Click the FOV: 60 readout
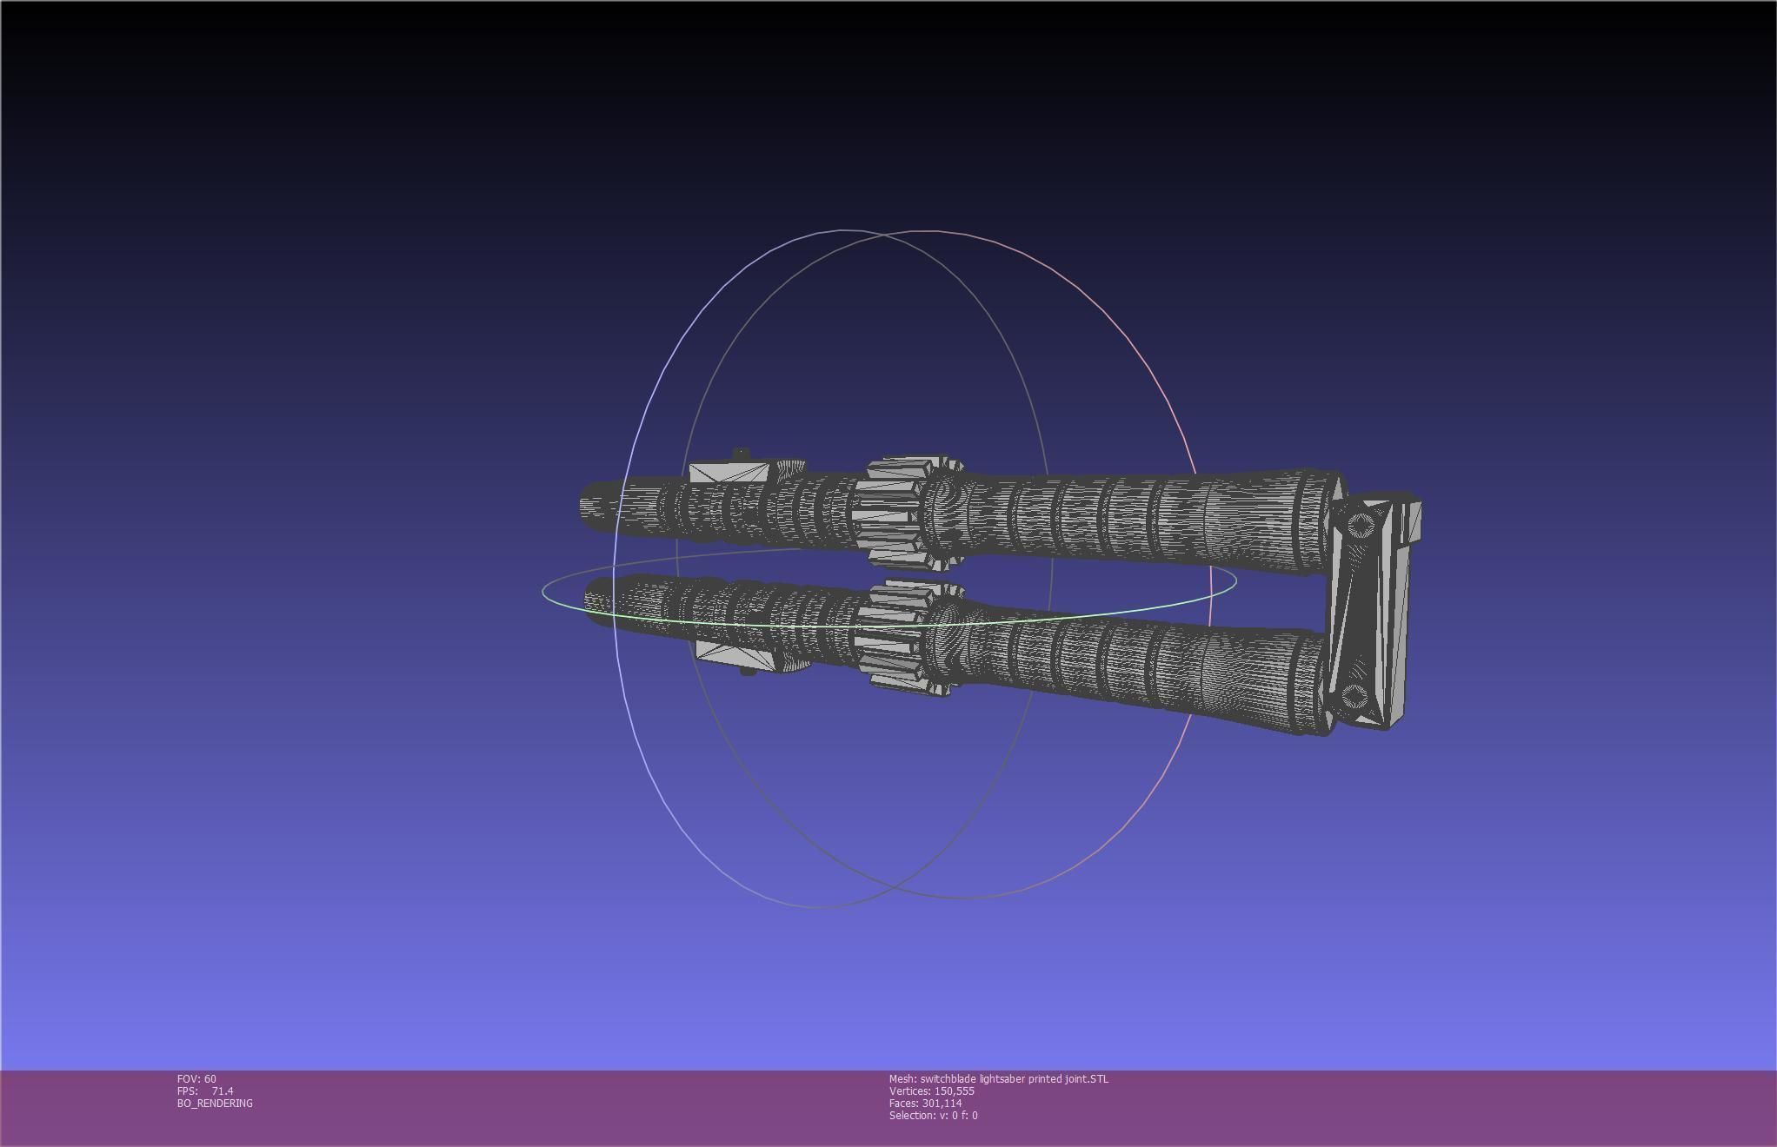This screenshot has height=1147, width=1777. point(196,1078)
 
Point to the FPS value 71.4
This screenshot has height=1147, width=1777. point(223,1091)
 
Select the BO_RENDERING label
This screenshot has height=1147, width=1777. point(215,1103)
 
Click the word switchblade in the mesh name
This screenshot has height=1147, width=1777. point(948,1078)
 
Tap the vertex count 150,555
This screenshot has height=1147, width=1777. point(954,1091)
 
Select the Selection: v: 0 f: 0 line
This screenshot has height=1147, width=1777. point(933,1115)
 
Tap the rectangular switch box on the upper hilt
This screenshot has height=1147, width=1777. point(729,474)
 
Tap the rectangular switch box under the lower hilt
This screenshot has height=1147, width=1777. point(734,654)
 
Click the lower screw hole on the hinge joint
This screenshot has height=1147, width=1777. point(1354,695)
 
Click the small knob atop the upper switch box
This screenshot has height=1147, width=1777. point(740,454)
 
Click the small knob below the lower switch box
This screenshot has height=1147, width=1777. point(748,671)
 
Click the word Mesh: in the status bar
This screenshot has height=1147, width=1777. point(902,1078)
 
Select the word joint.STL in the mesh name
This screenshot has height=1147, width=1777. point(1088,1078)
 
